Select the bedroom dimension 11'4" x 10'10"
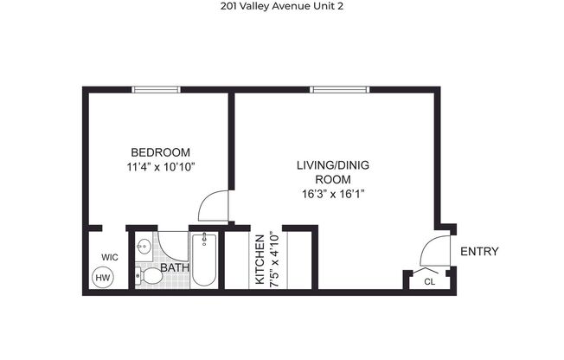[x=160, y=166]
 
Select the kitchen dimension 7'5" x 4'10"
[x=272, y=258]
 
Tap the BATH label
[x=175, y=268]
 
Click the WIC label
[x=109, y=257]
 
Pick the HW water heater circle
[x=103, y=278]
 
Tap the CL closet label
[x=430, y=281]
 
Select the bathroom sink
[x=145, y=248]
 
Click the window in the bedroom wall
[x=156, y=89]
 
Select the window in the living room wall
[x=336, y=89]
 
